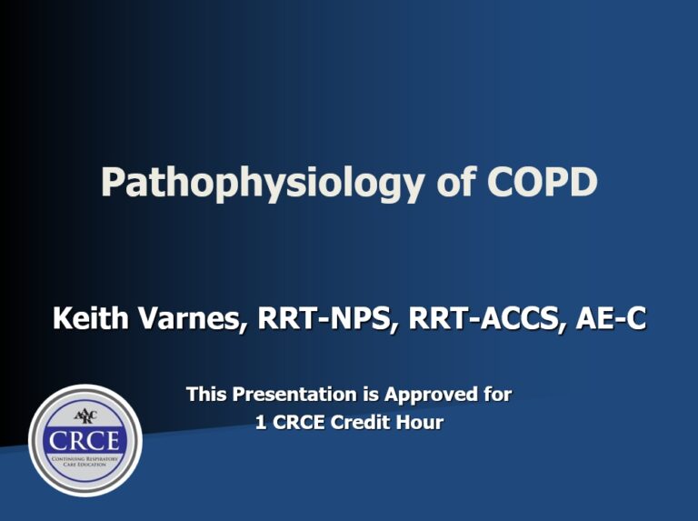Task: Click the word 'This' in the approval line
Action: pos(206,395)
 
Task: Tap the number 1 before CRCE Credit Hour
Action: pos(261,422)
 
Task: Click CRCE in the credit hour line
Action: pos(298,422)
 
